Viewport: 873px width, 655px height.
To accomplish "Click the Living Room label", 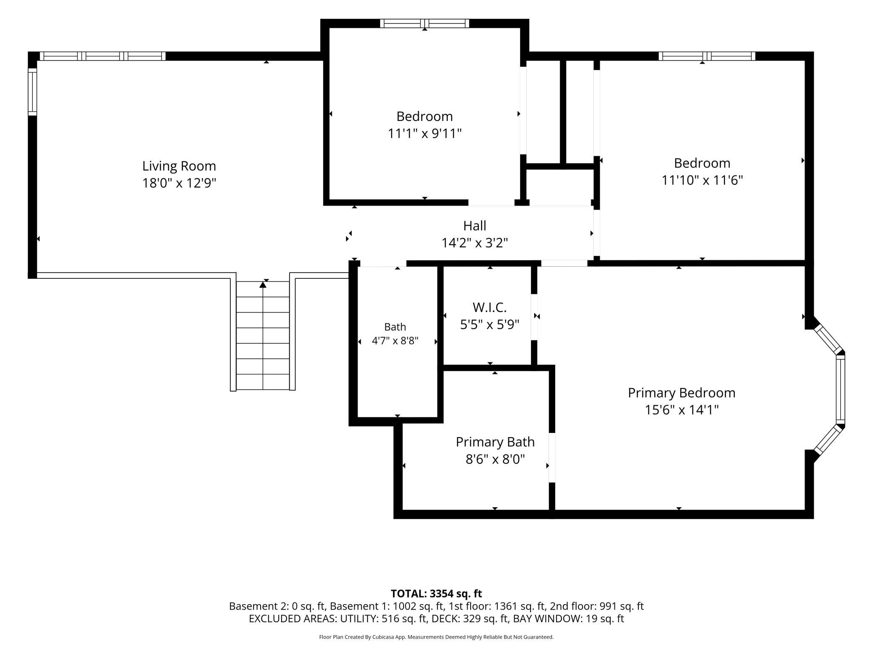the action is (179, 166).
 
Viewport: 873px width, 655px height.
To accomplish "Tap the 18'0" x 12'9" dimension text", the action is (179, 183).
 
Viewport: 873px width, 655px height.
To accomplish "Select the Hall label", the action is (475, 225).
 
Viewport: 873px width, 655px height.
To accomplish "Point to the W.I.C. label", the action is (490, 307).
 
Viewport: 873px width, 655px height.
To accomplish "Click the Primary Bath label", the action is (495, 442).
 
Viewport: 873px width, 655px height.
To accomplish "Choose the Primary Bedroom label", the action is (682, 393).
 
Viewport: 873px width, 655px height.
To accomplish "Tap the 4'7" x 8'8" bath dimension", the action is (395, 341).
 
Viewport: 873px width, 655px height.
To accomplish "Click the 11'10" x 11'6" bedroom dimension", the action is (702, 180).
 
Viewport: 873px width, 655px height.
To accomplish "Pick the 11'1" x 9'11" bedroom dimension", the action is (425, 134).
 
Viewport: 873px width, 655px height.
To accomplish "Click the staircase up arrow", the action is (263, 285).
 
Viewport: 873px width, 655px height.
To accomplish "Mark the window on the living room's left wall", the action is (32, 92).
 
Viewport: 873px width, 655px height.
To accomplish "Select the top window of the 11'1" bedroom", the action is (425, 24).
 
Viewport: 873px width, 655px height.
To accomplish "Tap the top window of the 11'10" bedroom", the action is (707, 56).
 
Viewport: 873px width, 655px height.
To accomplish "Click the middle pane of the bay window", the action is (840, 390).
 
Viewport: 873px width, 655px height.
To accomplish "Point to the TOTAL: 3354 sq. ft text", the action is (436, 593).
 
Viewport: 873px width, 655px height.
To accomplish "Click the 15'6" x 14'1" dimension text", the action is (682, 410).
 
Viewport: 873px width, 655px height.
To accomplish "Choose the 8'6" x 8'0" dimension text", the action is (495, 459).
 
